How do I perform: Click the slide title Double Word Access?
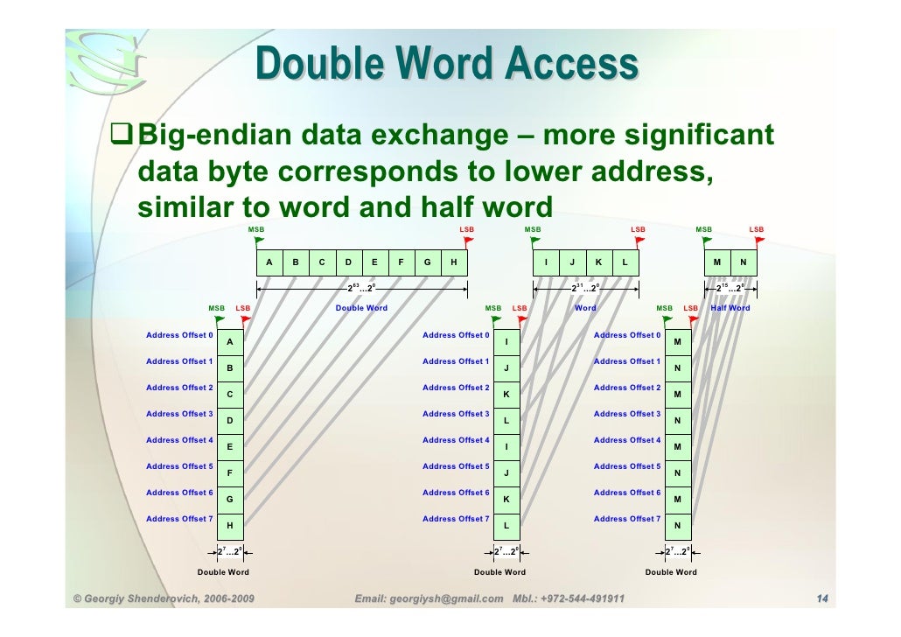pos(447,65)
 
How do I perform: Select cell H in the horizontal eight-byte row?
pos(453,262)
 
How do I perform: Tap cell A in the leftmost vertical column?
pos(230,342)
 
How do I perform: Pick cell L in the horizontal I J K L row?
pos(625,262)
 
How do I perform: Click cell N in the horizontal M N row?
pos(744,262)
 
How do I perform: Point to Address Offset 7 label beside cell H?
pos(179,519)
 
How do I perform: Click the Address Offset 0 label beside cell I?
pos(456,335)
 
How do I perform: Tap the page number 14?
pos(821,599)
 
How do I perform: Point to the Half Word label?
pos(730,308)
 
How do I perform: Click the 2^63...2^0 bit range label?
pos(361,287)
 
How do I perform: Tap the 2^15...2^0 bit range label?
pos(730,287)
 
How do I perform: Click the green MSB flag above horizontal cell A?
pos(260,240)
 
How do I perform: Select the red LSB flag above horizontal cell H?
pos(468,240)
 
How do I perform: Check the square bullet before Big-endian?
pos(121,136)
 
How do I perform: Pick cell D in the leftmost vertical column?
pos(230,421)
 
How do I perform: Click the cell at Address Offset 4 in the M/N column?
pos(677,447)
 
